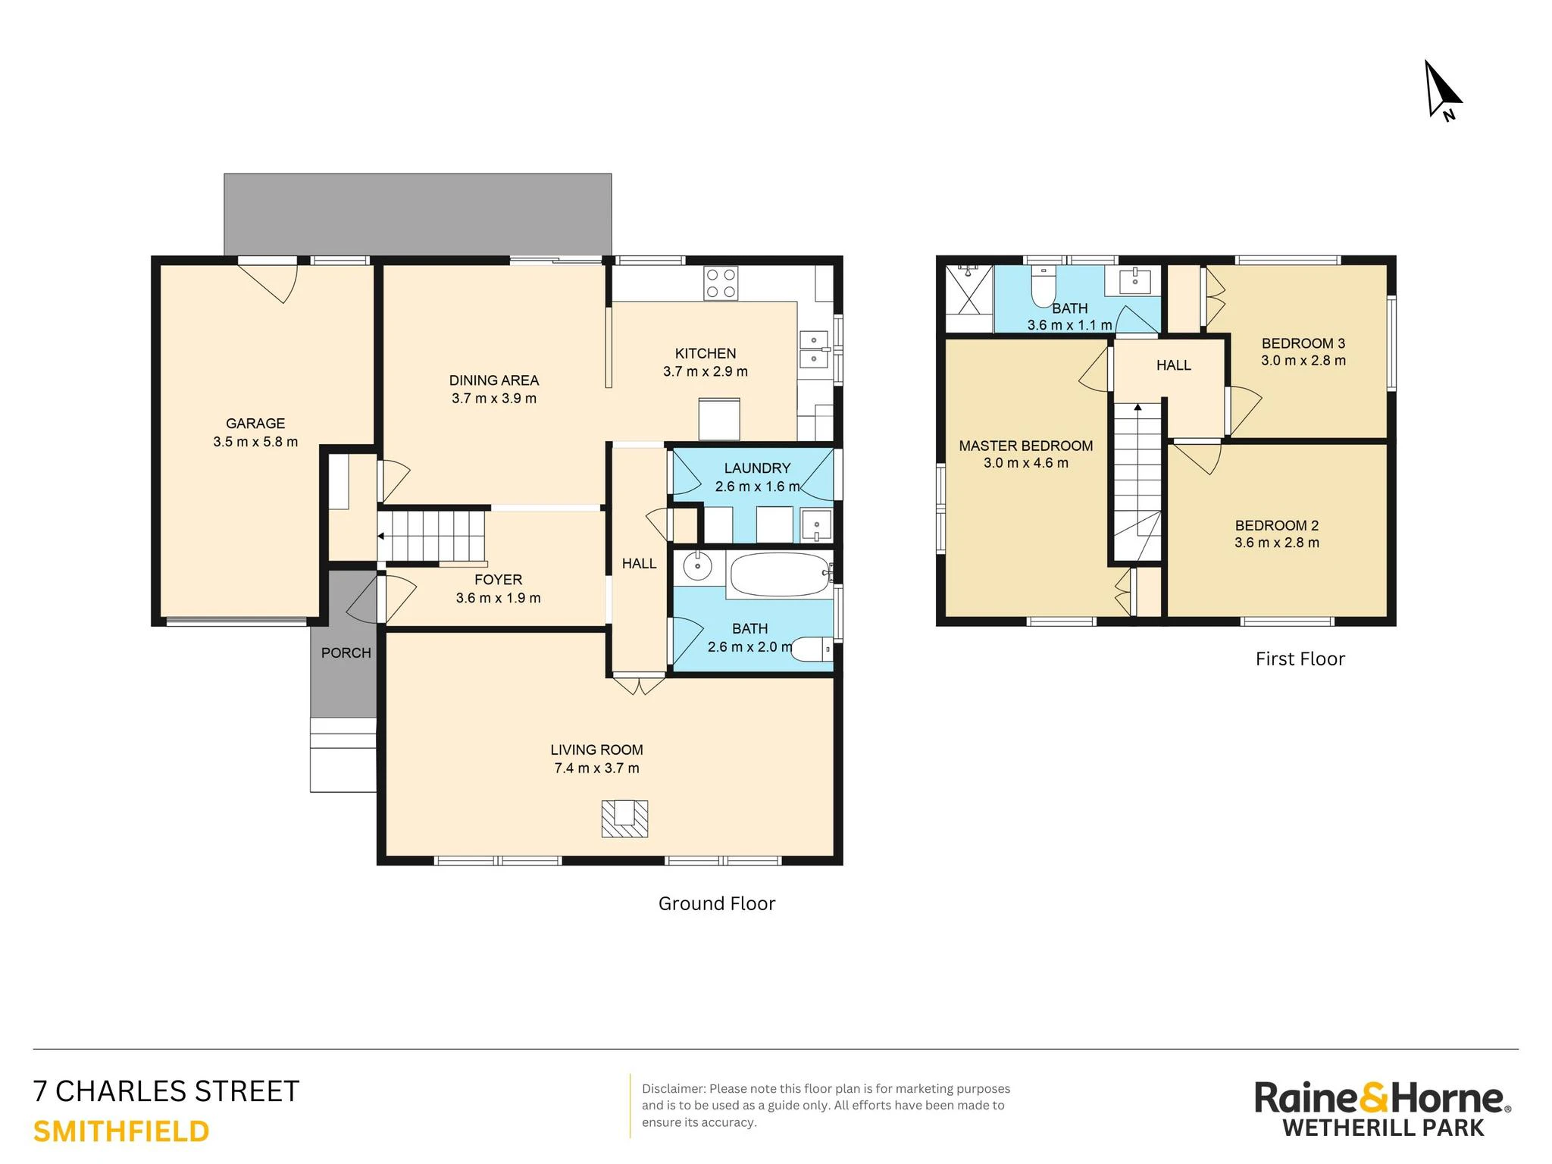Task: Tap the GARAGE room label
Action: [x=255, y=424]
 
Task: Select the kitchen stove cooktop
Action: [x=721, y=283]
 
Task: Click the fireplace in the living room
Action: [x=624, y=818]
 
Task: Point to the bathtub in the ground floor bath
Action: [x=779, y=575]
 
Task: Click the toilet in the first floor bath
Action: [x=1044, y=286]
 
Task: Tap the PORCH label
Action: [x=346, y=652]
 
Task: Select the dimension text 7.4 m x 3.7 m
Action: [x=596, y=768]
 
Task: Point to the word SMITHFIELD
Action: [x=121, y=1131]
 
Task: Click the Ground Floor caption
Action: [x=717, y=903]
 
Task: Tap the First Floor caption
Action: [x=1300, y=659]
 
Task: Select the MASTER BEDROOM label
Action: [x=1026, y=446]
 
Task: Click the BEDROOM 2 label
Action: [x=1277, y=525]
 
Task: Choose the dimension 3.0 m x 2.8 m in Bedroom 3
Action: [x=1303, y=361]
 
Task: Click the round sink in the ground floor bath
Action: [x=697, y=565]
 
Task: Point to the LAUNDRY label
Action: [x=757, y=468]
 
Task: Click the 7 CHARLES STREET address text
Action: [x=167, y=1091]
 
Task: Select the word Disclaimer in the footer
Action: [x=673, y=1089]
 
